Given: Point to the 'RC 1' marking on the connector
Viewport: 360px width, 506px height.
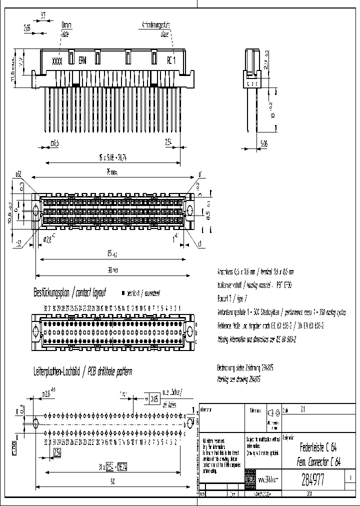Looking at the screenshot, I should [x=171, y=61].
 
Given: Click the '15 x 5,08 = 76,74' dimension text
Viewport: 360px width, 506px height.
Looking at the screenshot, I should [x=112, y=156].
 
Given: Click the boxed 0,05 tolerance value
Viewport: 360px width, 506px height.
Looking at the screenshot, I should [x=156, y=399].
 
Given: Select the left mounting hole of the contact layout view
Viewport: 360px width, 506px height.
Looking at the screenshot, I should [x=36, y=330].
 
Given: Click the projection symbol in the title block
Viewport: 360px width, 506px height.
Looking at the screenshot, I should [x=272, y=413].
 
